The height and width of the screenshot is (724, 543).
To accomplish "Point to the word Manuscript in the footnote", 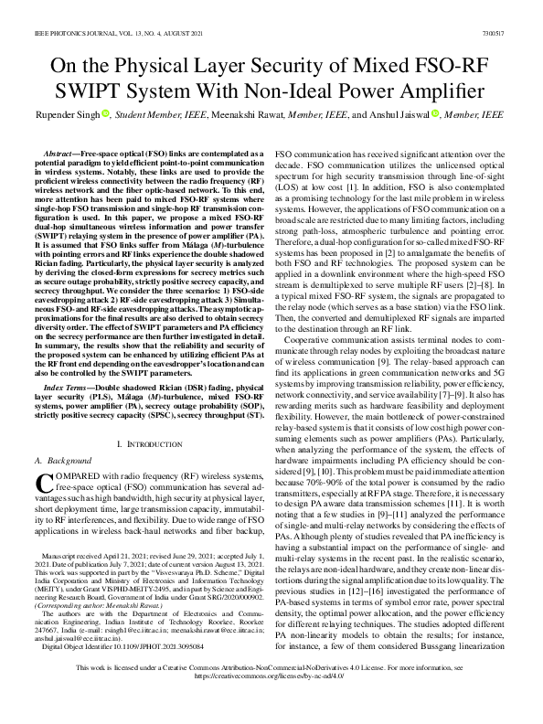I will pos(56,556).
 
